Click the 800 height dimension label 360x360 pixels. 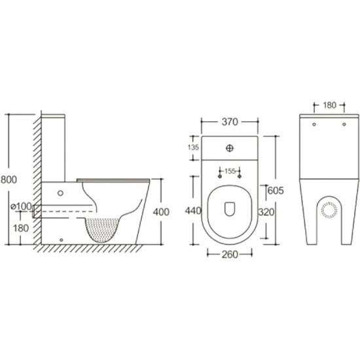pyautogui.click(x=9, y=179)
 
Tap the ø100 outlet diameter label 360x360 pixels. pyautogui.click(x=21, y=206)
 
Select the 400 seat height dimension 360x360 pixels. pyautogui.click(x=161, y=212)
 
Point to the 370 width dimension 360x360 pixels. pyautogui.click(x=230, y=122)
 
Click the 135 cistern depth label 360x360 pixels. pyautogui.click(x=193, y=147)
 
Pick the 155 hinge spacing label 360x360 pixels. pyautogui.click(x=230, y=171)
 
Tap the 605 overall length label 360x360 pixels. pyautogui.click(x=276, y=190)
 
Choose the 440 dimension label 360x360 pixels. pyautogui.click(x=193, y=211)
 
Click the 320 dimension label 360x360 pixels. pyautogui.click(x=266, y=212)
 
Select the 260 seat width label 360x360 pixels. pyautogui.click(x=230, y=255)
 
